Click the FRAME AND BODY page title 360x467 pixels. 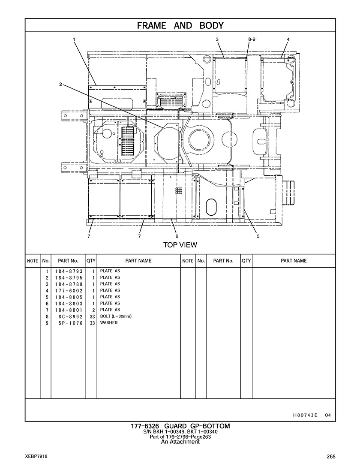(x=180, y=26)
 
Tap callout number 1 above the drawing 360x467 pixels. (x=74, y=39)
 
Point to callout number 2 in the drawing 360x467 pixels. (x=60, y=84)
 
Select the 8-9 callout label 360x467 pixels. (x=252, y=39)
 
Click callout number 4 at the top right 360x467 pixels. (x=288, y=39)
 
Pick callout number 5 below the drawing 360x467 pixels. (x=258, y=236)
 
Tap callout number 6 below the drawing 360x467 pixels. (x=177, y=236)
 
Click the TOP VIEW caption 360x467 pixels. (x=180, y=245)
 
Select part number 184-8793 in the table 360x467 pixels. (x=69, y=271)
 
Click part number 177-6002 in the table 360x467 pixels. (x=69, y=291)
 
